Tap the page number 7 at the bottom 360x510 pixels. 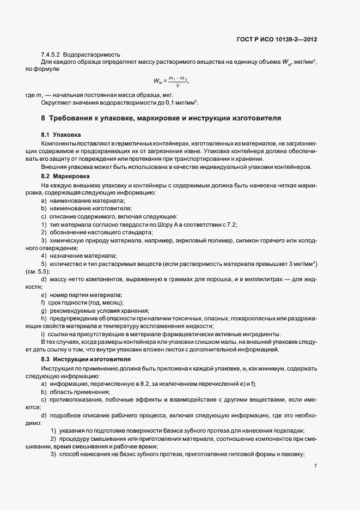pos(316,466)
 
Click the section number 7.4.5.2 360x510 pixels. pos(51,55)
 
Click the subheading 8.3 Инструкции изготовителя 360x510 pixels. pos(82,360)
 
